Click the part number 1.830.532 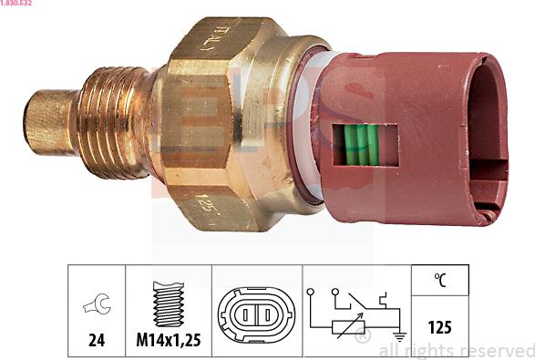coord(19,5)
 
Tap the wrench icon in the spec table coord(96,304)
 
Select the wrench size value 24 coord(97,340)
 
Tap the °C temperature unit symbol coord(440,282)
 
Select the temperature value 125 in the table coord(440,327)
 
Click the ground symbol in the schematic coord(398,336)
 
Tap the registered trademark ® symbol coord(363,338)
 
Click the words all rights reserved coord(456,351)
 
